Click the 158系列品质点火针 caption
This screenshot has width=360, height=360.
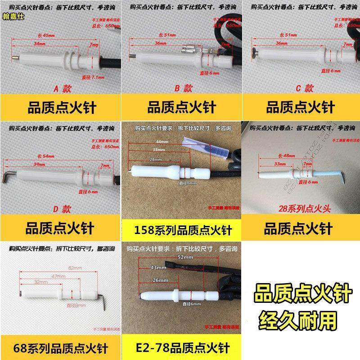[182, 232]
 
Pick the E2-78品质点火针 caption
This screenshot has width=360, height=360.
[182, 348]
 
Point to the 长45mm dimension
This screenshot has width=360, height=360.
[44, 36]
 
